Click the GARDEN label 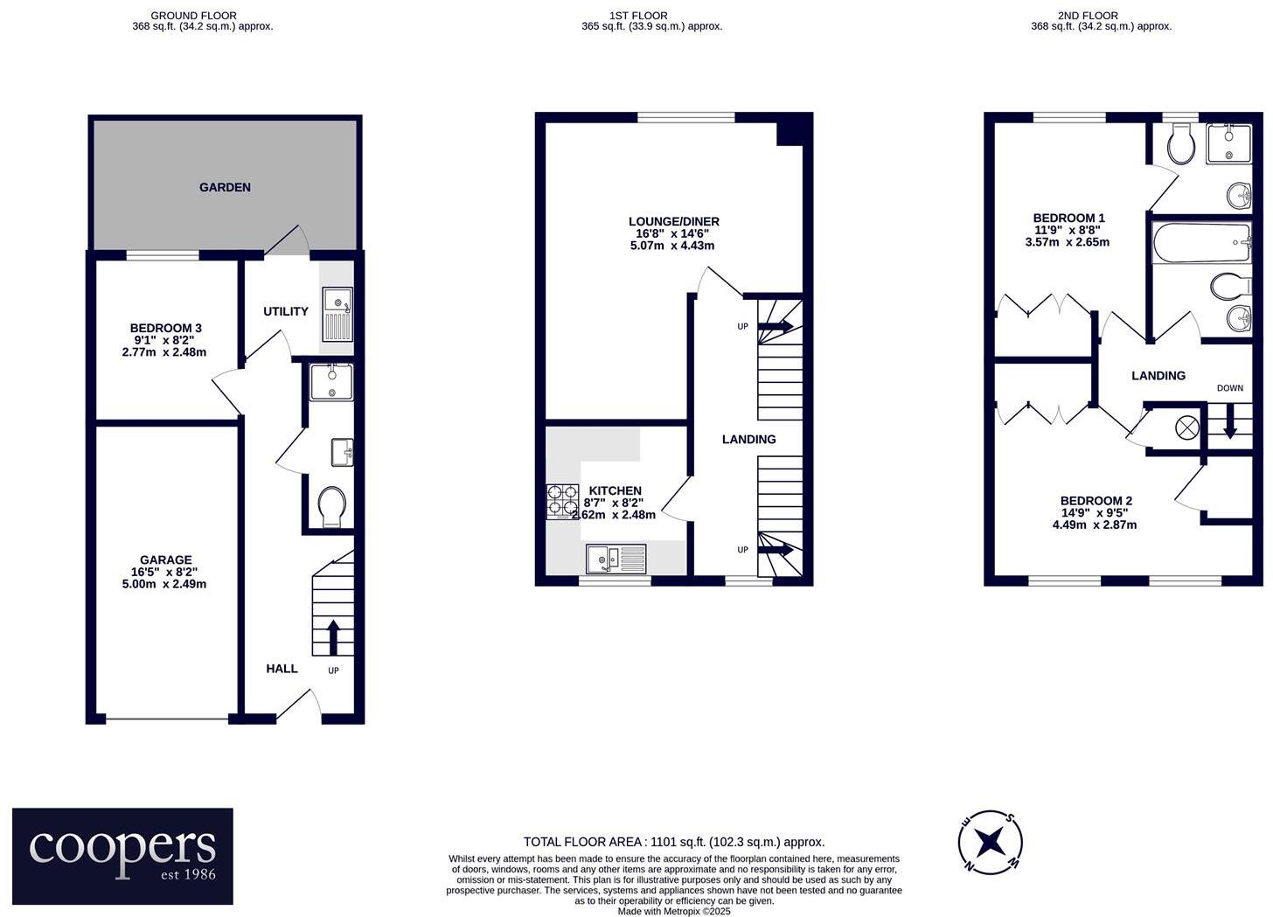tap(225, 187)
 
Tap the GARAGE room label tap(165, 560)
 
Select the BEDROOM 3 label tap(165, 328)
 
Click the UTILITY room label tap(286, 311)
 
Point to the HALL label tap(282, 669)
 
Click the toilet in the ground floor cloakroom tap(331, 507)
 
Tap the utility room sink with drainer tap(337, 314)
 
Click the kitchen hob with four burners tap(562, 502)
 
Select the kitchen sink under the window tap(616, 559)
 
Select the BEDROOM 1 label tap(1068, 218)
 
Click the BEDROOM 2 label tap(1096, 501)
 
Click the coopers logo tap(122, 856)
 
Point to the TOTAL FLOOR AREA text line tap(673, 842)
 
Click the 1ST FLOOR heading tap(638, 15)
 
